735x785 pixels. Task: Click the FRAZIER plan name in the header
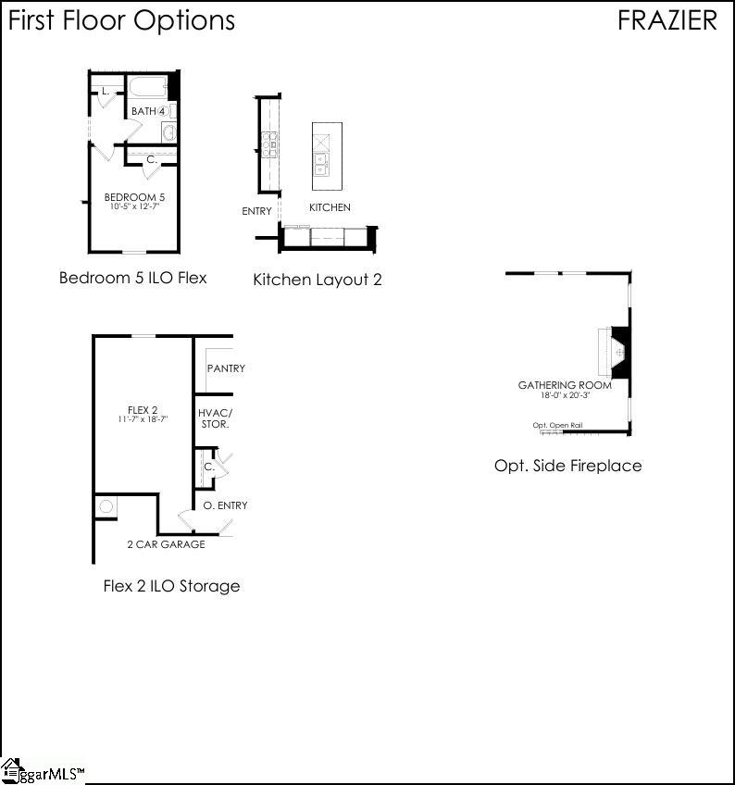point(666,20)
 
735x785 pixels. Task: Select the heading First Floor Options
point(121,20)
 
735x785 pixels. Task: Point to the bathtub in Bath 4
point(147,89)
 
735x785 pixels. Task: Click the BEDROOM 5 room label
point(134,197)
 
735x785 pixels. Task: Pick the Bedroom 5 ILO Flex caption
point(132,277)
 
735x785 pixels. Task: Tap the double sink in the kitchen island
point(320,164)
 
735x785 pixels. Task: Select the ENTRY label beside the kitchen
point(257,211)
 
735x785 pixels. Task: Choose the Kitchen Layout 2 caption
point(318,279)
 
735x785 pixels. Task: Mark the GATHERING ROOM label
point(565,385)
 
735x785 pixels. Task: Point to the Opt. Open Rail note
point(557,426)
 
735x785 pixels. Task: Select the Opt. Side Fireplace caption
point(567,466)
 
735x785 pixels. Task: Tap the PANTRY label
point(226,368)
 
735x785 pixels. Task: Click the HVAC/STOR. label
point(215,418)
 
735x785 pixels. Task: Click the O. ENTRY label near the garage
point(225,505)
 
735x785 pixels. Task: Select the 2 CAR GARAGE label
point(166,544)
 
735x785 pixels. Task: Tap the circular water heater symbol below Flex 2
point(106,506)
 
